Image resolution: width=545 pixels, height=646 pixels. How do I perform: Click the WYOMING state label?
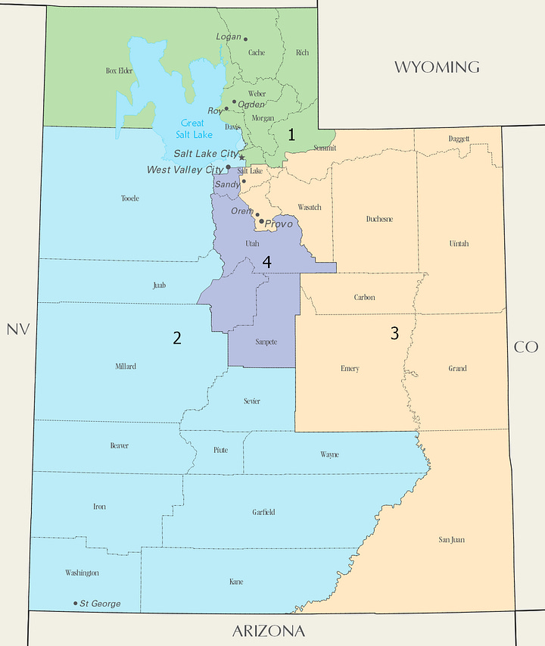click(x=436, y=67)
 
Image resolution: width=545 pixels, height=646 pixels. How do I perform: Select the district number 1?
click(x=290, y=135)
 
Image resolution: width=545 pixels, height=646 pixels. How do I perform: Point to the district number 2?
click(x=176, y=338)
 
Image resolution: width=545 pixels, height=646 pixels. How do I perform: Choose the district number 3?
click(x=394, y=333)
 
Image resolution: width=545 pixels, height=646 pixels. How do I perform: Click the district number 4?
click(x=266, y=262)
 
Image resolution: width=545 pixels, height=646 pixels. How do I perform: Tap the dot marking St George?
click(x=75, y=604)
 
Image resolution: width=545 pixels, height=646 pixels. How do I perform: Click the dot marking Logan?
click(x=245, y=39)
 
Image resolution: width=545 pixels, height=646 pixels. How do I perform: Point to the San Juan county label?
click(x=451, y=540)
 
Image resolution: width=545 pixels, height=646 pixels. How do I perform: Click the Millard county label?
click(x=126, y=367)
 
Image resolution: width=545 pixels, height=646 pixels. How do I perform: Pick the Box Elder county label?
click(x=119, y=70)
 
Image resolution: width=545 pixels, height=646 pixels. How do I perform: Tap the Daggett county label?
click(x=459, y=139)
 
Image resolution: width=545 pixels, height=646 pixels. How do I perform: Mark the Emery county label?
click(x=350, y=369)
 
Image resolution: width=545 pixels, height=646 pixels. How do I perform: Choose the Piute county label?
click(x=220, y=450)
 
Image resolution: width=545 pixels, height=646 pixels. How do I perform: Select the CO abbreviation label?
click(x=525, y=347)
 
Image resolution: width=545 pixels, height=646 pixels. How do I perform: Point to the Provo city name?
click(x=279, y=224)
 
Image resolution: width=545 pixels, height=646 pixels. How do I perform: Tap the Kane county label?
click(x=236, y=582)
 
